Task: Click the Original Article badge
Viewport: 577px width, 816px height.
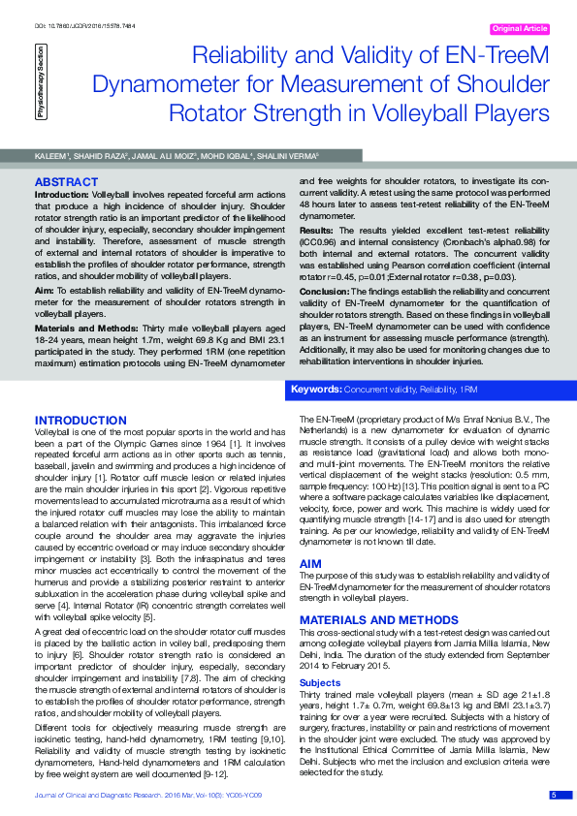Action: [x=520, y=29]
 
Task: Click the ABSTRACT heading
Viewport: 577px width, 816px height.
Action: [x=65, y=181]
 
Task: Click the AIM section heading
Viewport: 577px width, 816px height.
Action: [x=309, y=562]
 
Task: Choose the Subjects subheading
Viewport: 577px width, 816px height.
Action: [x=319, y=680]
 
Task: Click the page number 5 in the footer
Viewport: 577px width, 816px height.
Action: [x=554, y=795]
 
